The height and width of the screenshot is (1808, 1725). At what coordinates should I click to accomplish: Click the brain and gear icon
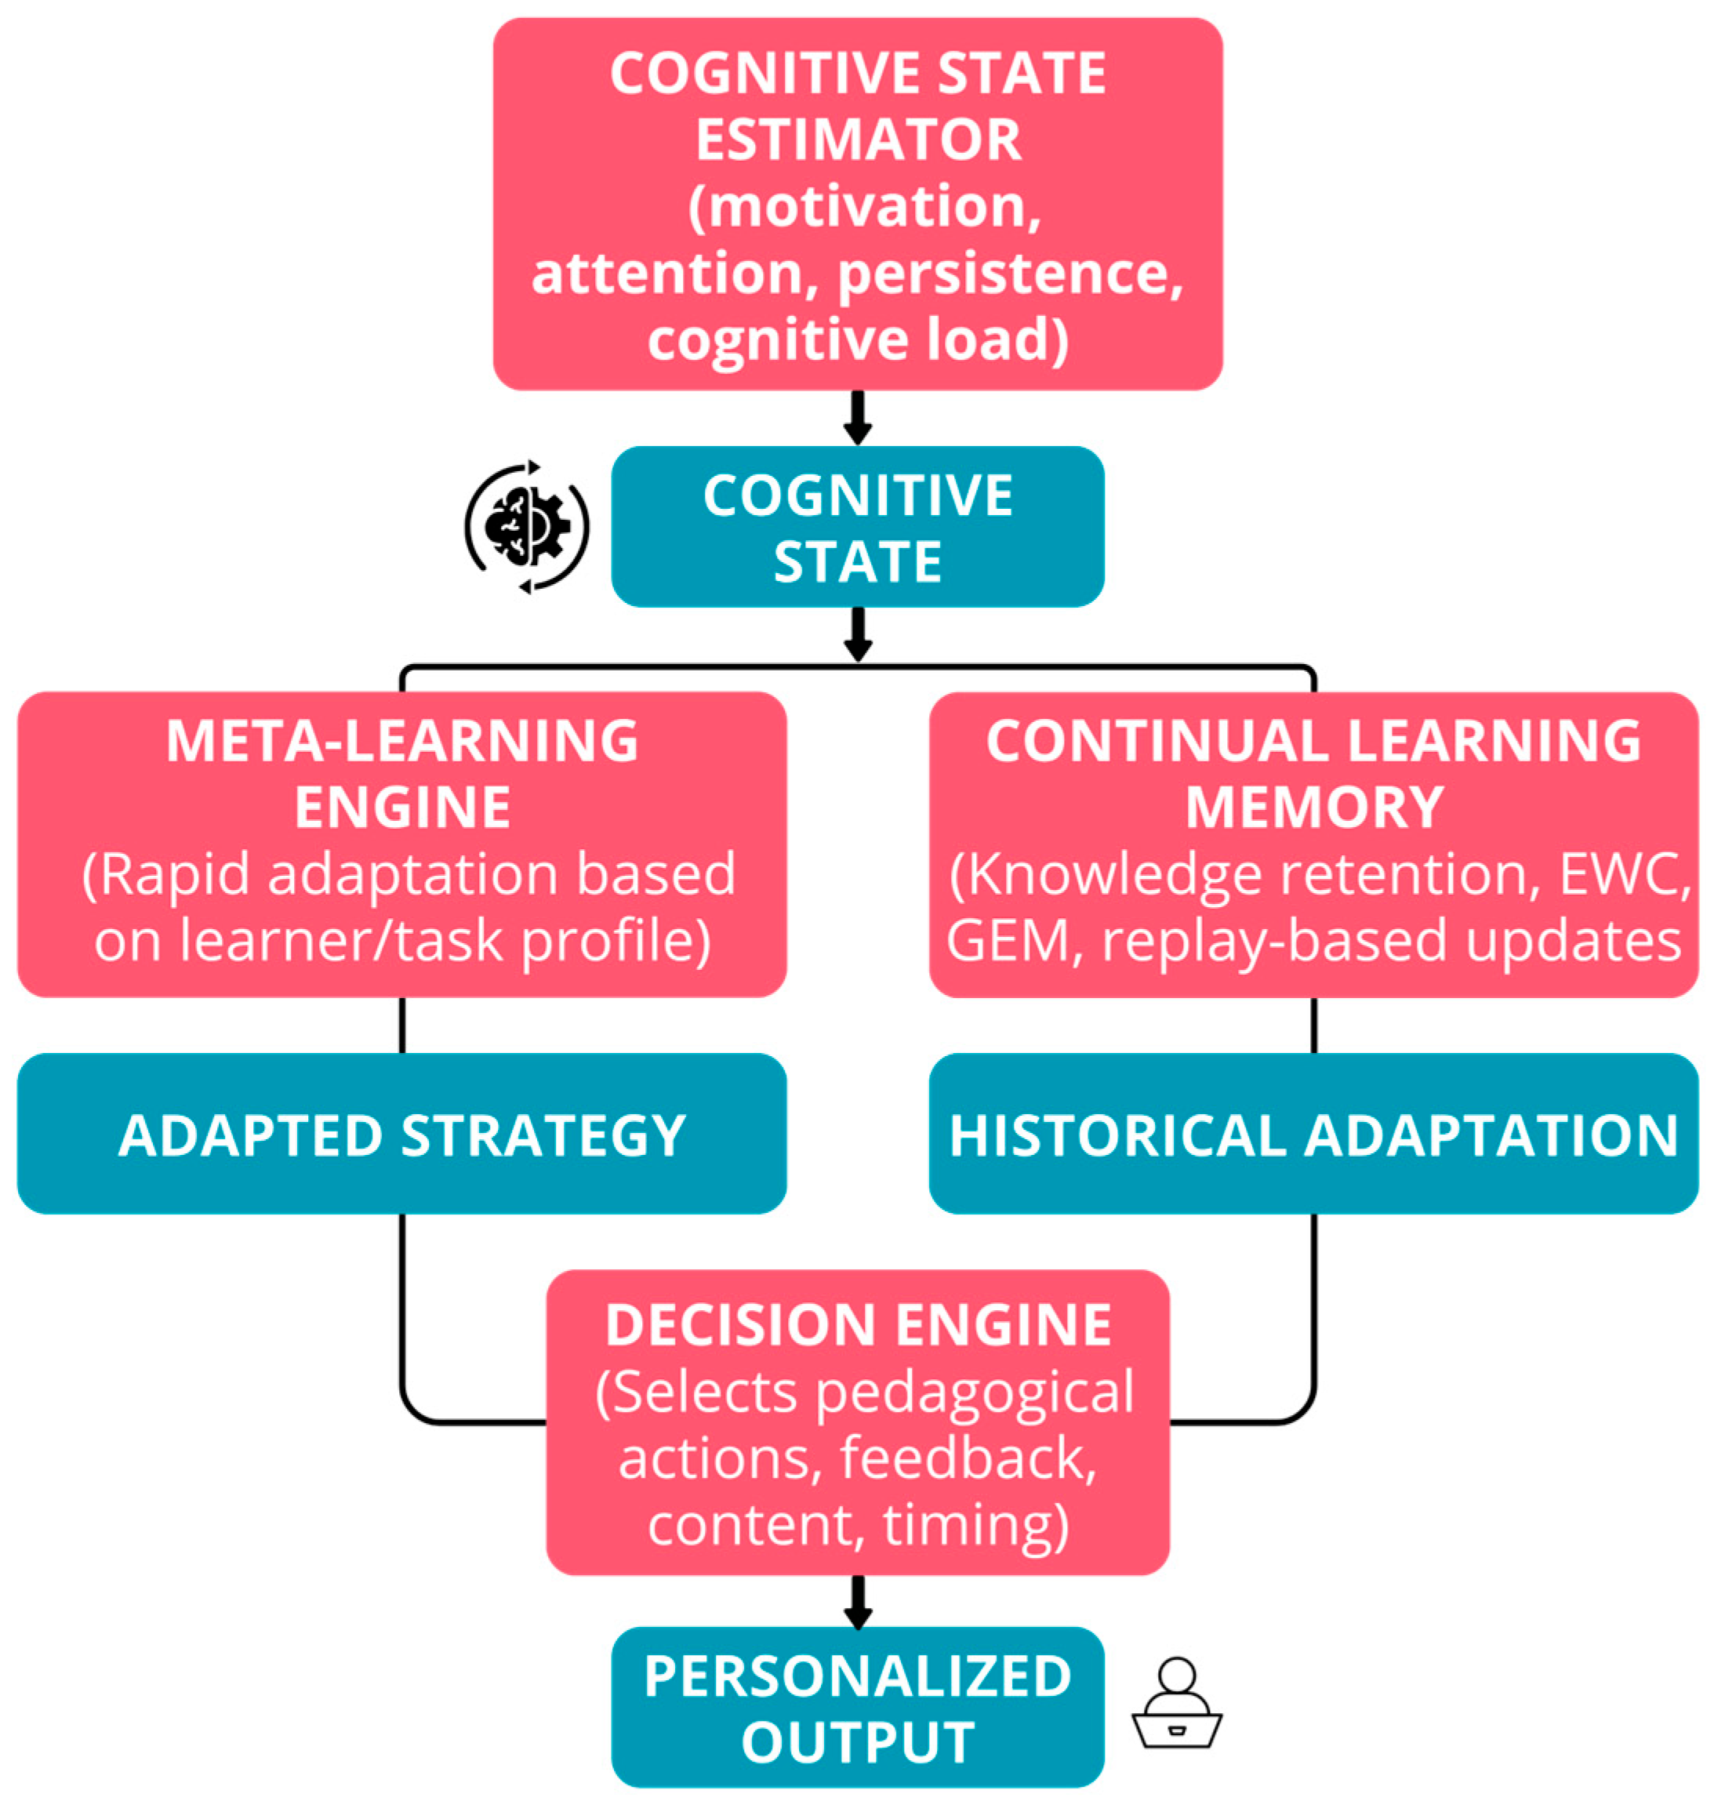[x=527, y=527]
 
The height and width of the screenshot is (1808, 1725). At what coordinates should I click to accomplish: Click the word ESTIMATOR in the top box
[x=858, y=140]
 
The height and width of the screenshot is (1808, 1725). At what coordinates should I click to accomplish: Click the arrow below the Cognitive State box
[x=858, y=634]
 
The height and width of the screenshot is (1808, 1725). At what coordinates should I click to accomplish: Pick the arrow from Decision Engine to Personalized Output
[x=858, y=1602]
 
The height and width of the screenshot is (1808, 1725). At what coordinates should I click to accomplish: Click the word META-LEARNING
[x=401, y=741]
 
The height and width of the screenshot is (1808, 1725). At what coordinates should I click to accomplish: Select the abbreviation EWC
[x=1623, y=873]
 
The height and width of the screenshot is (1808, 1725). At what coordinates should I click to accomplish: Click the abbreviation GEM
[x=1007, y=941]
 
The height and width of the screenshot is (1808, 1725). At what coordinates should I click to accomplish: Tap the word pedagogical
[x=975, y=1392]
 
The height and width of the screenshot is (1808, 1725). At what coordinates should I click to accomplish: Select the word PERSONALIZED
[x=858, y=1675]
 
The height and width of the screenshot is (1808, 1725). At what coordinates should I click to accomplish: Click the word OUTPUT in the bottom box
[x=858, y=1742]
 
